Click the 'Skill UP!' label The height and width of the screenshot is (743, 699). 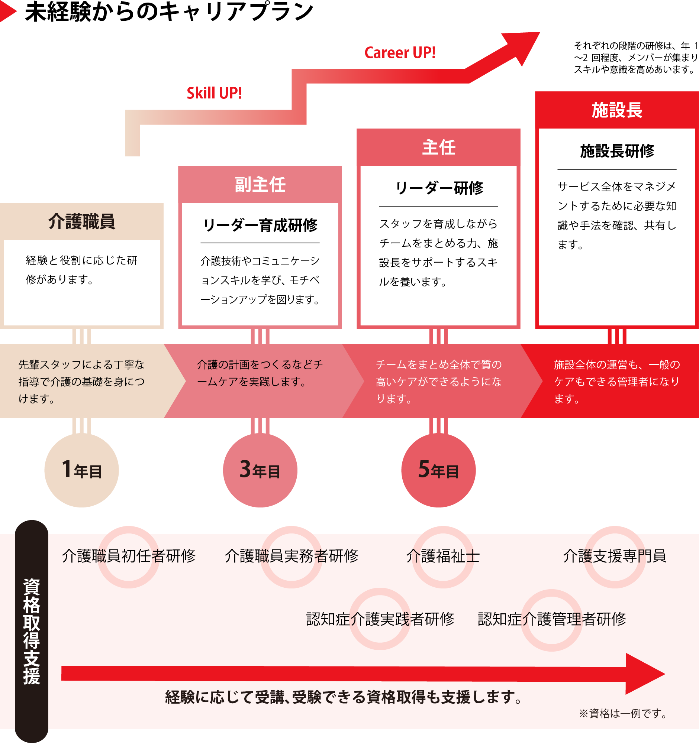pyautogui.click(x=214, y=93)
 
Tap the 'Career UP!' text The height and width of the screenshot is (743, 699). pyautogui.click(x=400, y=53)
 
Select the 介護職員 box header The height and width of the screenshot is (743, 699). pyautogui.click(x=81, y=221)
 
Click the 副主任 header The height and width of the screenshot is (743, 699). pyautogui.click(x=260, y=184)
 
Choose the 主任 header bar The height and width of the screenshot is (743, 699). pyautogui.click(x=438, y=147)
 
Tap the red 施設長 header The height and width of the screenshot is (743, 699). pyautogui.click(x=617, y=110)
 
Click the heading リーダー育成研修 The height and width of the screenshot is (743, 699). pyautogui.click(x=260, y=226)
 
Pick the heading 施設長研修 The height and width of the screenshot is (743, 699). pyautogui.click(x=617, y=151)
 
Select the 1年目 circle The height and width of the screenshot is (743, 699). pyautogui.click(x=81, y=470)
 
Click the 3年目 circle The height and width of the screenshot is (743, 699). pyautogui.click(x=260, y=470)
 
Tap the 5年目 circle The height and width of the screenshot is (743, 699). pyautogui.click(x=438, y=470)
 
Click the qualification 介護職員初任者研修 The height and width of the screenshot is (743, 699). pyautogui.click(x=129, y=556)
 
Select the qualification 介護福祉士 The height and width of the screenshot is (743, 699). pyautogui.click(x=443, y=556)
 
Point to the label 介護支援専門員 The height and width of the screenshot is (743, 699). pyautogui.click(x=615, y=556)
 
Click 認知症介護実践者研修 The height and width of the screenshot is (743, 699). pyautogui.click(x=380, y=619)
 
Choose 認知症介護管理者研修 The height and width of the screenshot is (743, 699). pyautogui.click(x=552, y=619)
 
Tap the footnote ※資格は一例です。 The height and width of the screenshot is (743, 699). pyautogui.click(x=623, y=714)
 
